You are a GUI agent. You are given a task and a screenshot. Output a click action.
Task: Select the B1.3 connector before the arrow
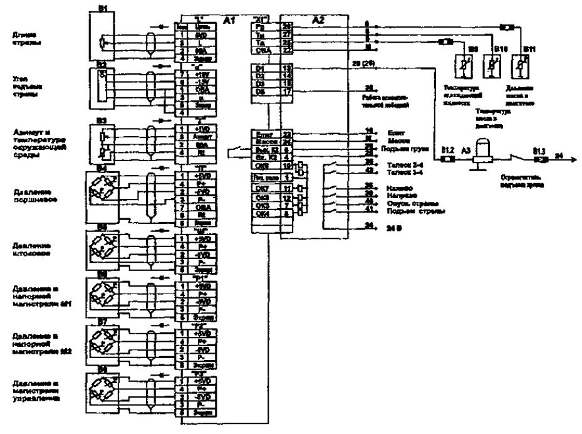coord(538,159)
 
